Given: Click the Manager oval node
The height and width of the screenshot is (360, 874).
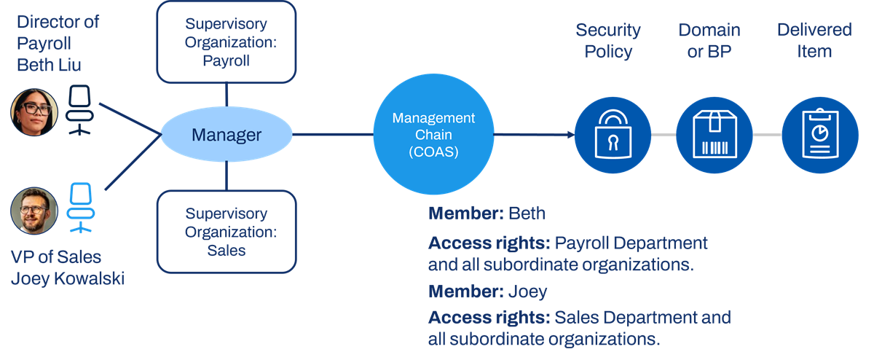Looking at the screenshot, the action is [227, 134].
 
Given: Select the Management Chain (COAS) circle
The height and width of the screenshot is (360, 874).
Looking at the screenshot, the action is [433, 134].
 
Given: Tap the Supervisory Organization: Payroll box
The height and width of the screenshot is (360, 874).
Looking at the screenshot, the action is [227, 42].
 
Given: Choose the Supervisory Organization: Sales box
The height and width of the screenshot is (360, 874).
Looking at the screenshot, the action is [227, 232].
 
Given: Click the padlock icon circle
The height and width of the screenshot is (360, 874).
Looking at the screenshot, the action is [613, 135].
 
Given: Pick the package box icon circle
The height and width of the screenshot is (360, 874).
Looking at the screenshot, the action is [714, 135].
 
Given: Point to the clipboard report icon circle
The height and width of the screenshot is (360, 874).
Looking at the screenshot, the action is [820, 135].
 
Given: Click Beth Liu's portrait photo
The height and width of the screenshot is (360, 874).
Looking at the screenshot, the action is [34, 112].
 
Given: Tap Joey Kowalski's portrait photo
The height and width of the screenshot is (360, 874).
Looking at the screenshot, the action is [34, 211].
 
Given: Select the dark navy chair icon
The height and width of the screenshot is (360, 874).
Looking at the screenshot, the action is [79, 111].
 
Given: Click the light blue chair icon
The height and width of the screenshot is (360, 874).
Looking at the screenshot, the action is [81, 208].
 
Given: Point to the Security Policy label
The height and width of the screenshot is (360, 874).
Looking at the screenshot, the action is [608, 41].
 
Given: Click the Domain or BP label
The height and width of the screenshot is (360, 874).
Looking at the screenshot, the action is [709, 41].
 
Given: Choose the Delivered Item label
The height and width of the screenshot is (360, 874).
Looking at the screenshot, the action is [814, 41].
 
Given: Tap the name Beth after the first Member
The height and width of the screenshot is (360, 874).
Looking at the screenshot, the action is [527, 214].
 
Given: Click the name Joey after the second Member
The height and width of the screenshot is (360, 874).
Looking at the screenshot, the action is [527, 291].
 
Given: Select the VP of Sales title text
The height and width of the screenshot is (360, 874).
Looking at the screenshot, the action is [56, 257].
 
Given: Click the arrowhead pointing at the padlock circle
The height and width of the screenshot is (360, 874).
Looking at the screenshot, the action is [571, 135].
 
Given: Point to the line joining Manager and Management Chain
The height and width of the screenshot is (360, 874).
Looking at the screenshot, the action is [333, 134].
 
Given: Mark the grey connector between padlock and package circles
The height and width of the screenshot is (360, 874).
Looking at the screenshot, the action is [664, 135].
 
